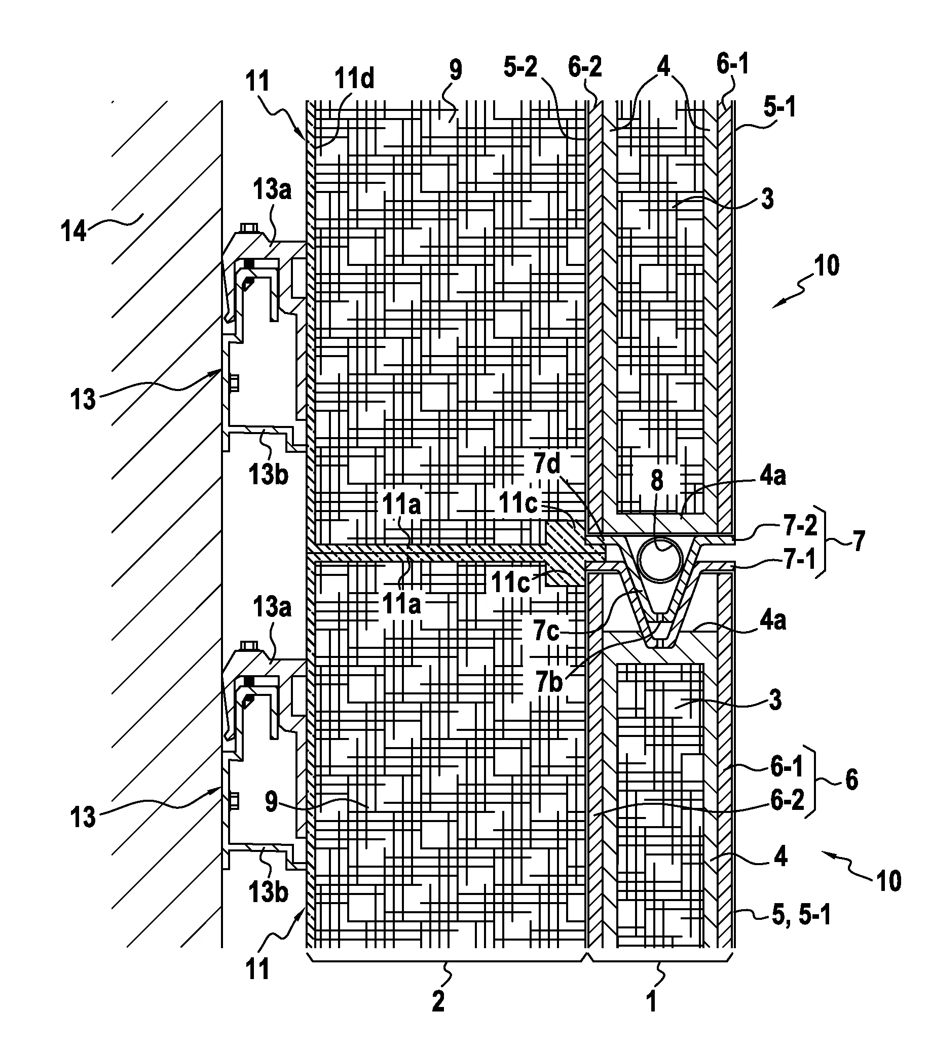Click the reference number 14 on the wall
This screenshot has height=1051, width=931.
[x=74, y=231]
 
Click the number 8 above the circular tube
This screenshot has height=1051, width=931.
[x=657, y=480]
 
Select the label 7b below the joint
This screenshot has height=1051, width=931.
[x=549, y=682]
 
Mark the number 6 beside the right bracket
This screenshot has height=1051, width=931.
[x=852, y=780]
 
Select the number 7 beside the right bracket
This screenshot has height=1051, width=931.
[x=858, y=541]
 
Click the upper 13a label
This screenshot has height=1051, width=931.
[x=272, y=190]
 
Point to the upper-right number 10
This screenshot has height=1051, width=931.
[x=827, y=266]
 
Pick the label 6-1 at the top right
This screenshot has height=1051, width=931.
[x=732, y=65]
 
